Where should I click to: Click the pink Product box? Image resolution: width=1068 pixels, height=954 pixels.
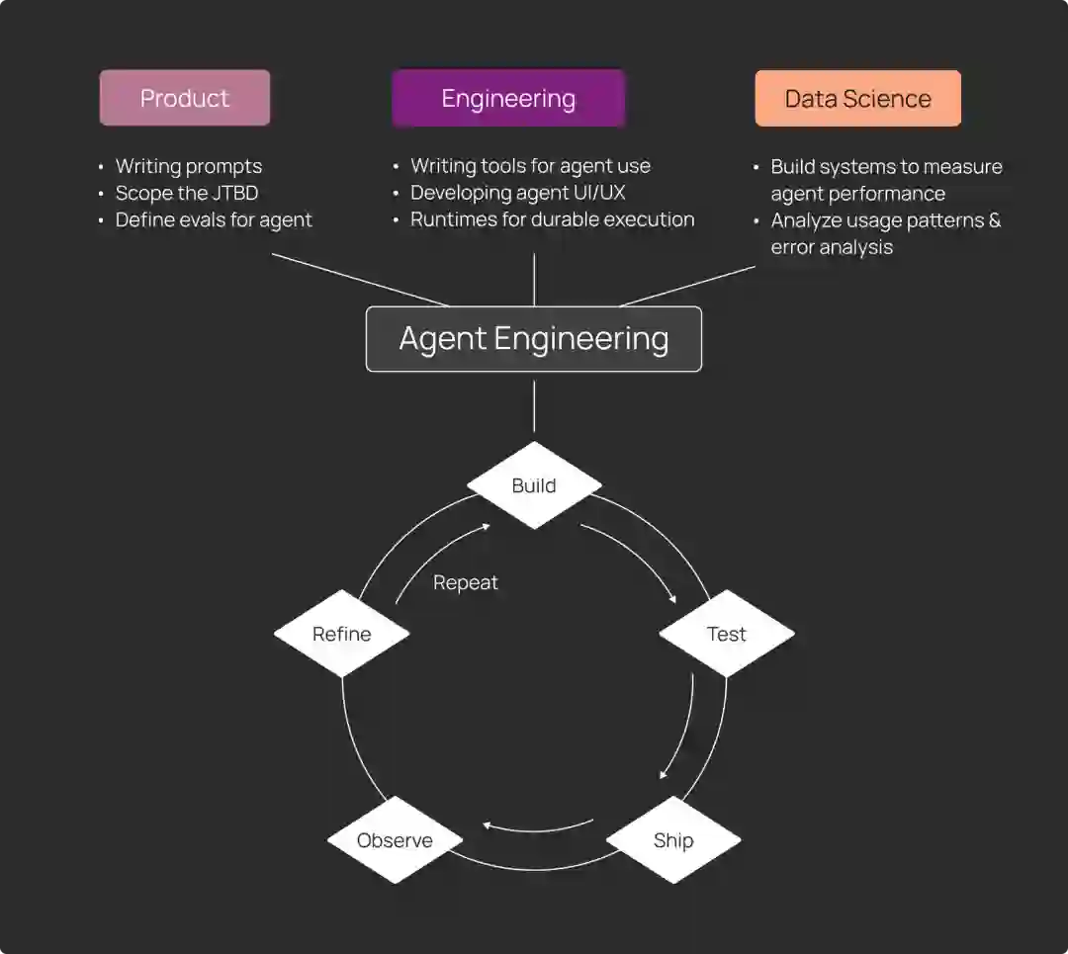click(185, 98)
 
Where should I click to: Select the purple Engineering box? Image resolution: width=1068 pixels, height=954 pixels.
click(508, 98)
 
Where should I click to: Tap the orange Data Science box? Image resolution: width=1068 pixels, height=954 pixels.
click(857, 98)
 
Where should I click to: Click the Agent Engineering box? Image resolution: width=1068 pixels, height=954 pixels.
click(534, 339)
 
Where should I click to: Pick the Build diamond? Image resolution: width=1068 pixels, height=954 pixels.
click(534, 485)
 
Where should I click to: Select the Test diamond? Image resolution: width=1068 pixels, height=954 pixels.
click(726, 634)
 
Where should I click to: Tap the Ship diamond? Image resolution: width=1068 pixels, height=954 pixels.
click(673, 840)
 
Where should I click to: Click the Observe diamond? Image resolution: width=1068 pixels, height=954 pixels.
click(395, 840)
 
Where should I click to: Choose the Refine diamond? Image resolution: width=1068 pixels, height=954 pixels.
click(342, 634)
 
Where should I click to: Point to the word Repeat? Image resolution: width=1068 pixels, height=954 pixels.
click(466, 582)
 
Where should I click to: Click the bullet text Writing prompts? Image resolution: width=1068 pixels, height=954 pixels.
click(188, 166)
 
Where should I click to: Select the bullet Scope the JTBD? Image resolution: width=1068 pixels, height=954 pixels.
click(186, 193)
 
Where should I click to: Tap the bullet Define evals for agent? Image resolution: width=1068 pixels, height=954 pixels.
click(214, 219)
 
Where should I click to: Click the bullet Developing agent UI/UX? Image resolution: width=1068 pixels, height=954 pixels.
click(517, 193)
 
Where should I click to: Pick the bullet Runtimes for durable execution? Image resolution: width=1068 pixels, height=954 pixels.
click(552, 219)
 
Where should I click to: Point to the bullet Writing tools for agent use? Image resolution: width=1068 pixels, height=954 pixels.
click(530, 166)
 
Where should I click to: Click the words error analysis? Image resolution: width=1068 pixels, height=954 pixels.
click(832, 247)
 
